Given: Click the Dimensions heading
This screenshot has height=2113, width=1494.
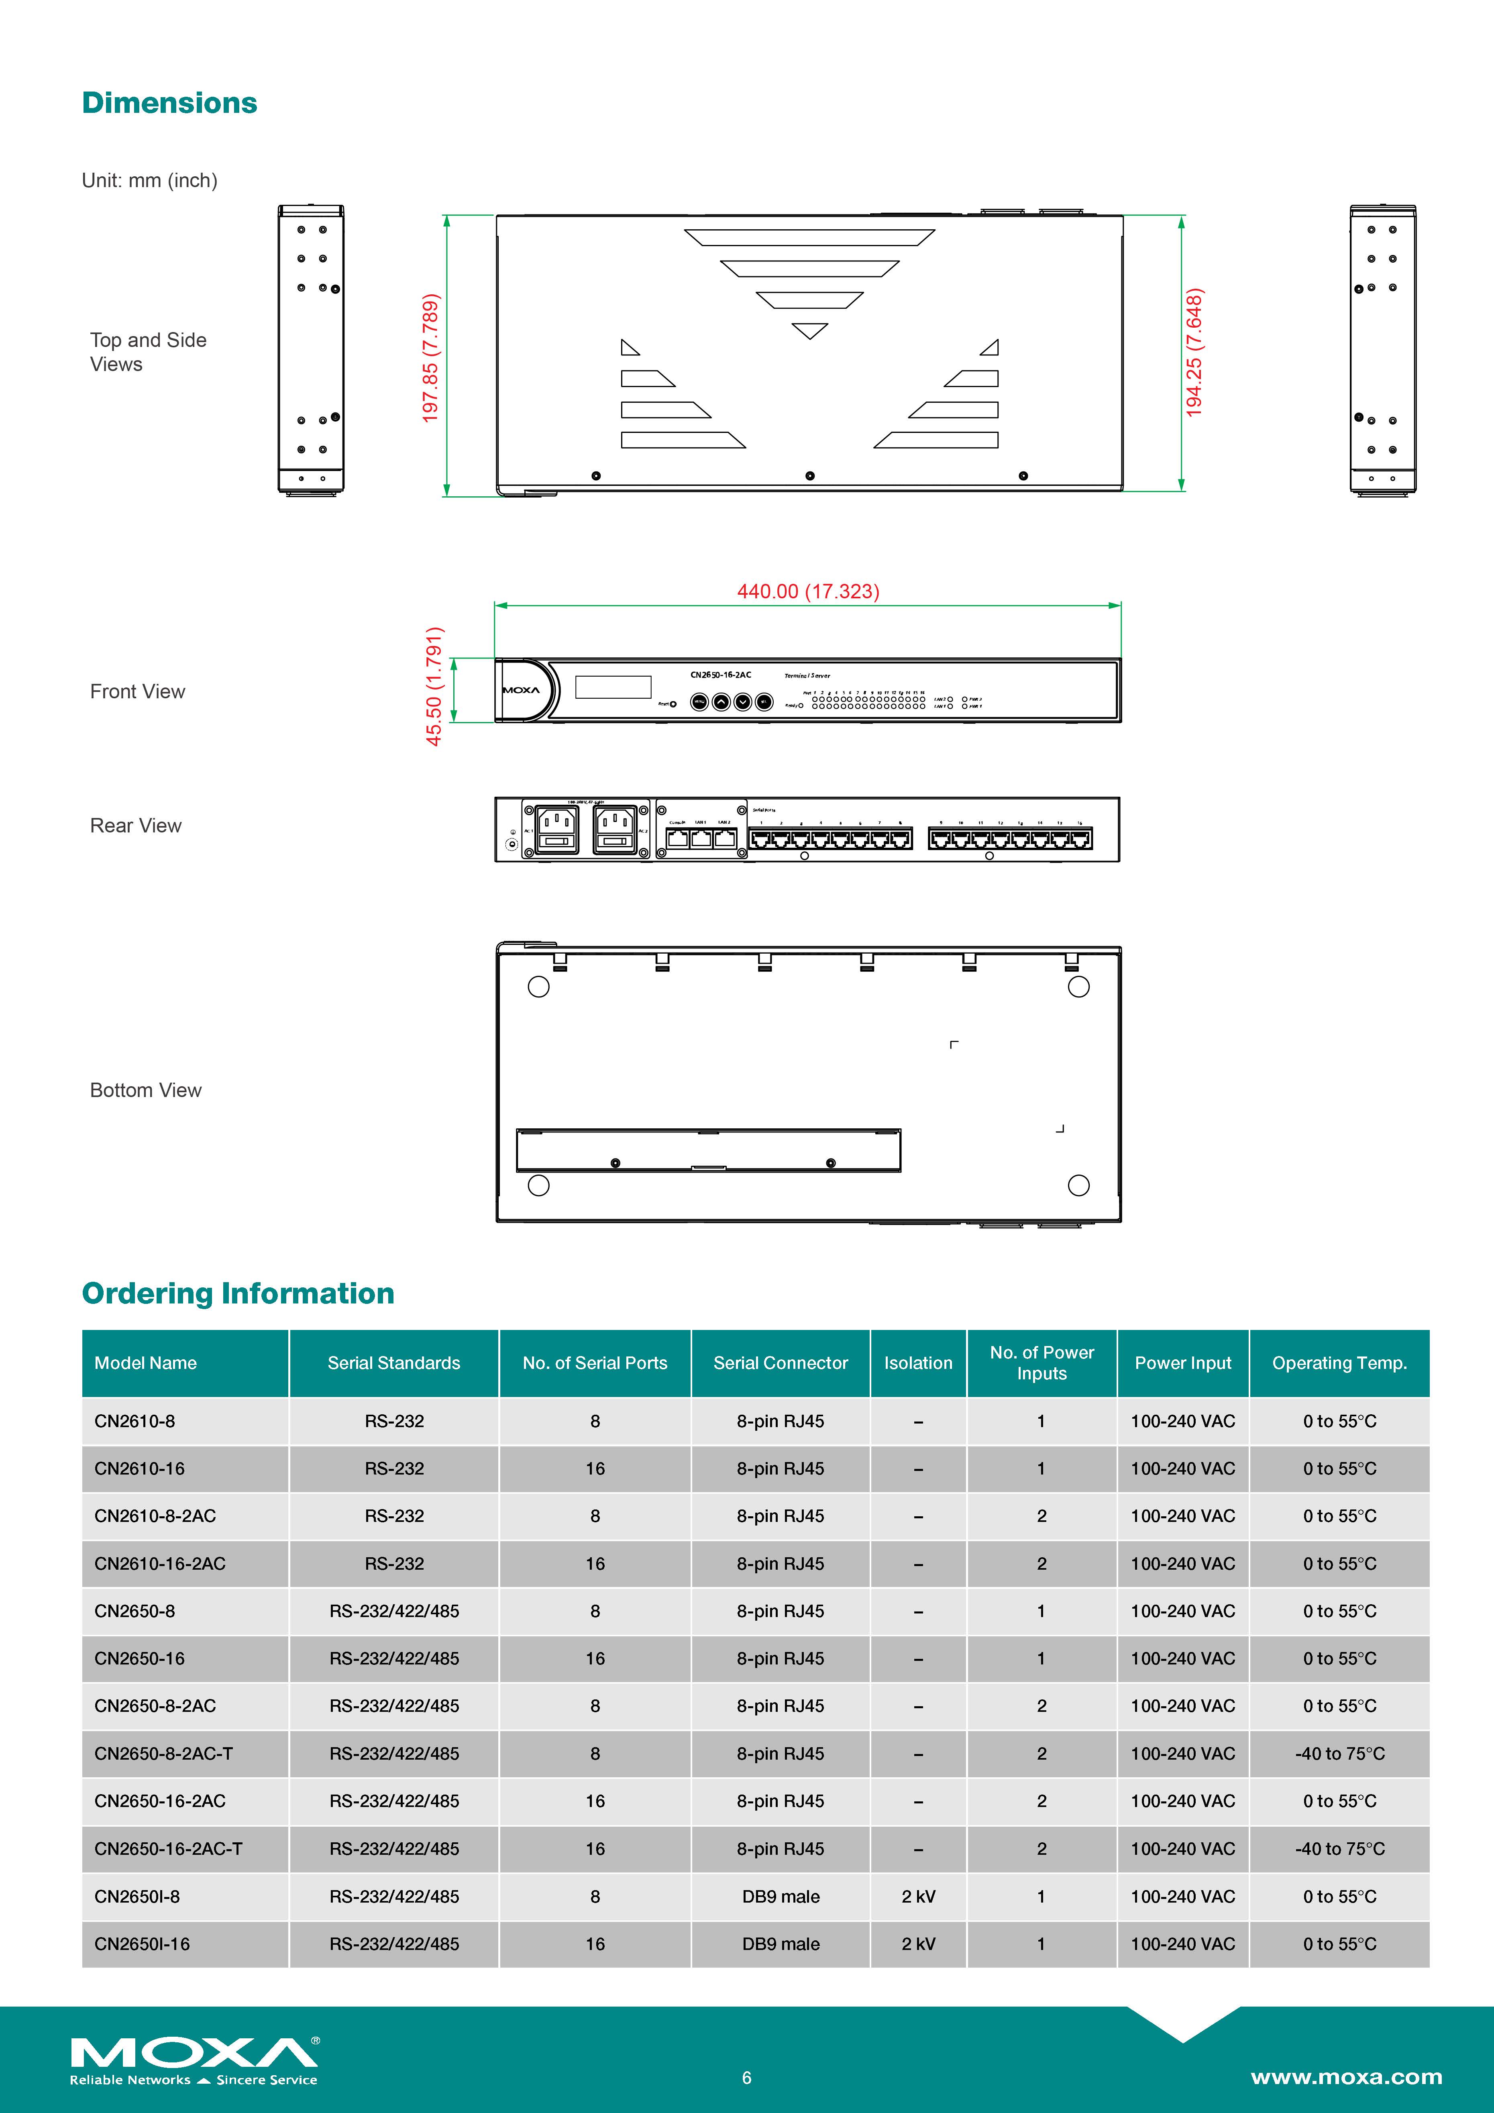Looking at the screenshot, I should pos(169,103).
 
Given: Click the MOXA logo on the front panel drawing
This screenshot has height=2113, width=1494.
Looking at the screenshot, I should pos(521,690).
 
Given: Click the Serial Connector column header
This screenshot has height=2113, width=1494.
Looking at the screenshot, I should pos(780,1363).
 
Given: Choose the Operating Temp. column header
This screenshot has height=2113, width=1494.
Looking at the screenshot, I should pos(1339,1363).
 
